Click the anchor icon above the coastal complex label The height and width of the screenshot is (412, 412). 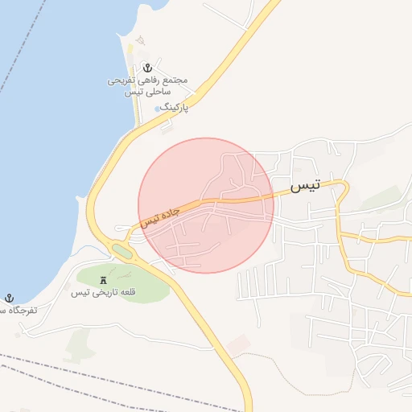pyautogui.click(x=147, y=68)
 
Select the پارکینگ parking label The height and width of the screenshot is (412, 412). pyautogui.click(x=174, y=106)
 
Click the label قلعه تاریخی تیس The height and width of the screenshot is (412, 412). pyautogui.click(x=103, y=292)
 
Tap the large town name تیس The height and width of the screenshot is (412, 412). pyautogui.click(x=304, y=187)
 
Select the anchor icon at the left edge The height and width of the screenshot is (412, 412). pyautogui.click(x=9, y=298)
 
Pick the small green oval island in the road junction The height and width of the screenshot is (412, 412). pyautogui.click(x=122, y=252)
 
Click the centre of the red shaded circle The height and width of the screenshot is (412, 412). pyautogui.click(x=206, y=205)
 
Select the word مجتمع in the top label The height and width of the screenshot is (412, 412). pyautogui.click(x=174, y=81)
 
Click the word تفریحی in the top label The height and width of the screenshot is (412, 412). pyautogui.click(x=124, y=81)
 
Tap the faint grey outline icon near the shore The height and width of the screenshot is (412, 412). pyautogui.click(x=139, y=40)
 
